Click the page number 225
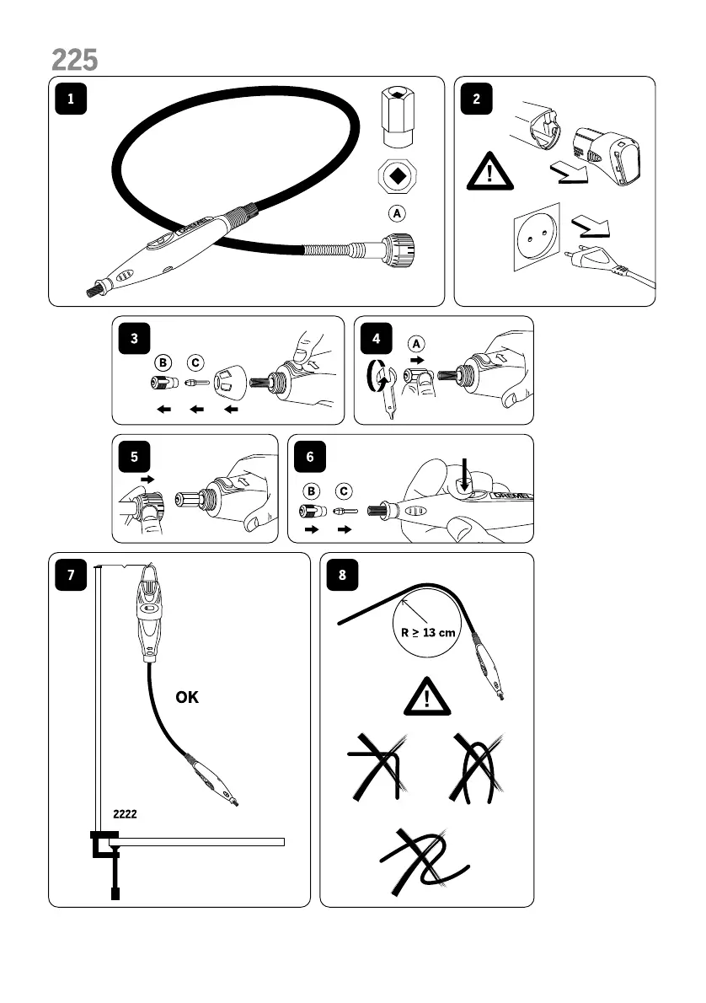[x=74, y=60]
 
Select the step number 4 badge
[x=376, y=339]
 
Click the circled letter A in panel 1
[x=396, y=212]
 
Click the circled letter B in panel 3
[x=163, y=362]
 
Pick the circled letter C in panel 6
[x=343, y=490]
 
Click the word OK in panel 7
[x=187, y=698]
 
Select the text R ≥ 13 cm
[x=424, y=633]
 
